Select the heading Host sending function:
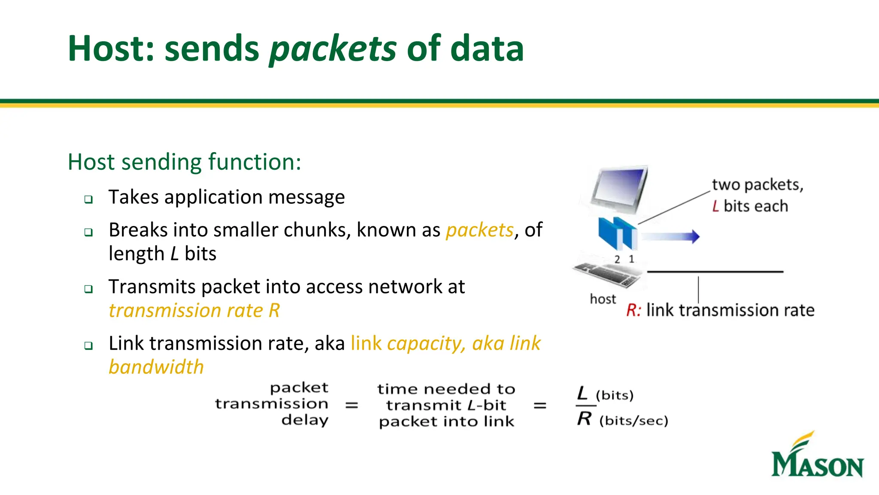click(185, 162)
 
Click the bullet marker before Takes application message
click(88, 199)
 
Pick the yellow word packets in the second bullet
click(479, 230)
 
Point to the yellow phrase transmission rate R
click(194, 310)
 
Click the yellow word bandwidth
click(156, 367)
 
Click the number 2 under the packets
click(617, 259)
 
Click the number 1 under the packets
click(631, 259)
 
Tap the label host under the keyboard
click(603, 299)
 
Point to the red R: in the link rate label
click(633, 310)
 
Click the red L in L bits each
click(715, 206)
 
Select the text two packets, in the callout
click(758, 185)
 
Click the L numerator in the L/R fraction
click(582, 393)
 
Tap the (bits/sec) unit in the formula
click(633, 420)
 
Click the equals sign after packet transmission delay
click(352, 405)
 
